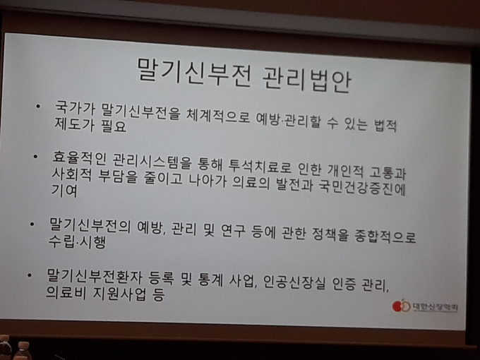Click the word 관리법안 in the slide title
[307, 80]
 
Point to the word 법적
[385, 125]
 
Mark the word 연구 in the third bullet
[233, 231]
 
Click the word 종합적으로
[385, 236]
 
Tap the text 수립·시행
[77, 241]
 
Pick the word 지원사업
[119, 293]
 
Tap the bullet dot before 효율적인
[35, 157]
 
